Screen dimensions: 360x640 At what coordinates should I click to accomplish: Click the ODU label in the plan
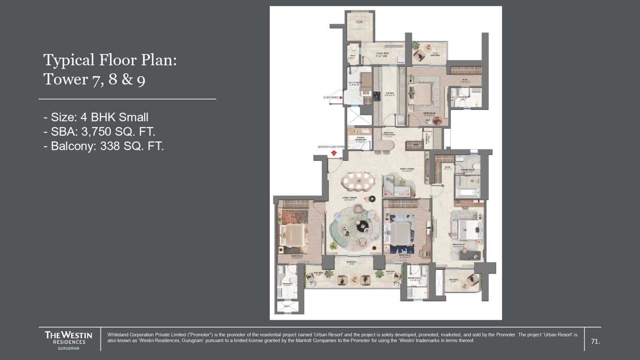pyautogui.click(x=359, y=22)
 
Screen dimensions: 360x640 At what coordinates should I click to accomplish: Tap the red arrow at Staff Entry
pyautogui.click(x=341, y=97)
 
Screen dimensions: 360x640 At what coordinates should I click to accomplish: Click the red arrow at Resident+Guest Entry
pyautogui.click(x=334, y=153)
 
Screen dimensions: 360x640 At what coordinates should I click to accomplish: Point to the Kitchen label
pyautogui.click(x=389, y=94)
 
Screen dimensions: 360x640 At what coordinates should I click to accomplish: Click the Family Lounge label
pyautogui.click(x=407, y=170)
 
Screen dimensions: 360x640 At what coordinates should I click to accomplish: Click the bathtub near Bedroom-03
pyautogui.click(x=468, y=193)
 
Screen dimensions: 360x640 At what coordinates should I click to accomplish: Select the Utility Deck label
pyautogui.click(x=382, y=54)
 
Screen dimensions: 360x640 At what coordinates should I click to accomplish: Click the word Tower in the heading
pyautogui.click(x=65, y=79)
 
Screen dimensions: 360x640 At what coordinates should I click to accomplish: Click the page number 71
pyautogui.click(x=595, y=342)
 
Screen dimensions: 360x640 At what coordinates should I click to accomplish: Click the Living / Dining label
pyautogui.click(x=350, y=198)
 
